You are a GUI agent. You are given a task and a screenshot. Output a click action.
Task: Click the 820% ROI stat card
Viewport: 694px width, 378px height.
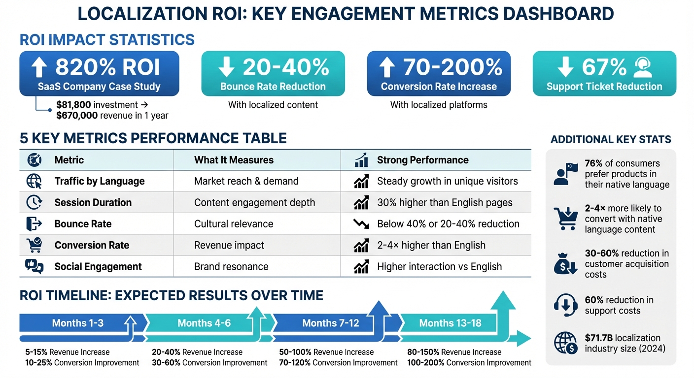99,73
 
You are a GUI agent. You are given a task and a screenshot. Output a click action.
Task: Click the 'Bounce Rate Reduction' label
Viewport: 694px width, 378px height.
273,87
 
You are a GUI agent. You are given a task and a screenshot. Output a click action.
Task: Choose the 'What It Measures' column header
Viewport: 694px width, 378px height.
234,160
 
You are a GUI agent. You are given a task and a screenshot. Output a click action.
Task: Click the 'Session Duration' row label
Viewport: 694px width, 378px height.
93,202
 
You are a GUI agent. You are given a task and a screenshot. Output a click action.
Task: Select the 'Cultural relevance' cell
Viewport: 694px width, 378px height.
234,224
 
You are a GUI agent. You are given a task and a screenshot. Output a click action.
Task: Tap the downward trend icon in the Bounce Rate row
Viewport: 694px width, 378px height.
361,224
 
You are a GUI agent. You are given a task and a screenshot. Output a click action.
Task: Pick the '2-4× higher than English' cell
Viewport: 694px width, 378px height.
431,245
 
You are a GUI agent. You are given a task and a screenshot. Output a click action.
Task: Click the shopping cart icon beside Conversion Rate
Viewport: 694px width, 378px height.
34,245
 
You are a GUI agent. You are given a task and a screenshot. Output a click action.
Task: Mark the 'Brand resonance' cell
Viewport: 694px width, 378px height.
231,267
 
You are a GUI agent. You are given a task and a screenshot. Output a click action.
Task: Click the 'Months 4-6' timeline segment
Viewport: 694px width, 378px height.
204,323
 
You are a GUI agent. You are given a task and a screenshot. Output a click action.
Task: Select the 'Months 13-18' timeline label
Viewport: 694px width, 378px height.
450,323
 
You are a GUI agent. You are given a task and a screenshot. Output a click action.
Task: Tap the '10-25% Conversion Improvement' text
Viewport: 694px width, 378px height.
82,363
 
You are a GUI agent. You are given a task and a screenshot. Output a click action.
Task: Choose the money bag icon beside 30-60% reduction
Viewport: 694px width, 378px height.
565,264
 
